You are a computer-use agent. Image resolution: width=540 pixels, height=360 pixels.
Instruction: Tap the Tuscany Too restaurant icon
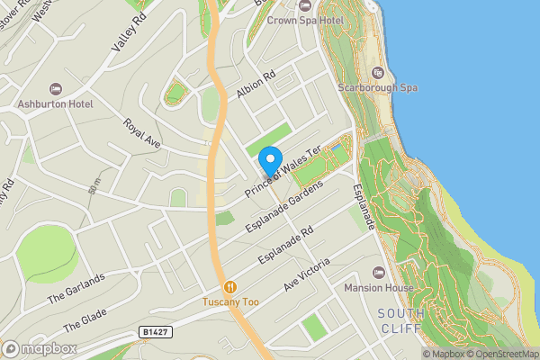coord(230,286)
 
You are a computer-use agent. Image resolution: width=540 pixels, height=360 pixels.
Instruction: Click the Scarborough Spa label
coord(378,88)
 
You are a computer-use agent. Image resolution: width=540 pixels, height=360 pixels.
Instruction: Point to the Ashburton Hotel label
coord(61,104)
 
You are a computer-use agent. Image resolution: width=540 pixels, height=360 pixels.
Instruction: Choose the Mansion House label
coord(379,288)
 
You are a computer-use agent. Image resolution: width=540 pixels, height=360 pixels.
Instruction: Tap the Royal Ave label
coord(141,133)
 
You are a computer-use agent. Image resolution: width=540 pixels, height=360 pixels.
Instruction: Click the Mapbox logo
coord(40,348)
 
